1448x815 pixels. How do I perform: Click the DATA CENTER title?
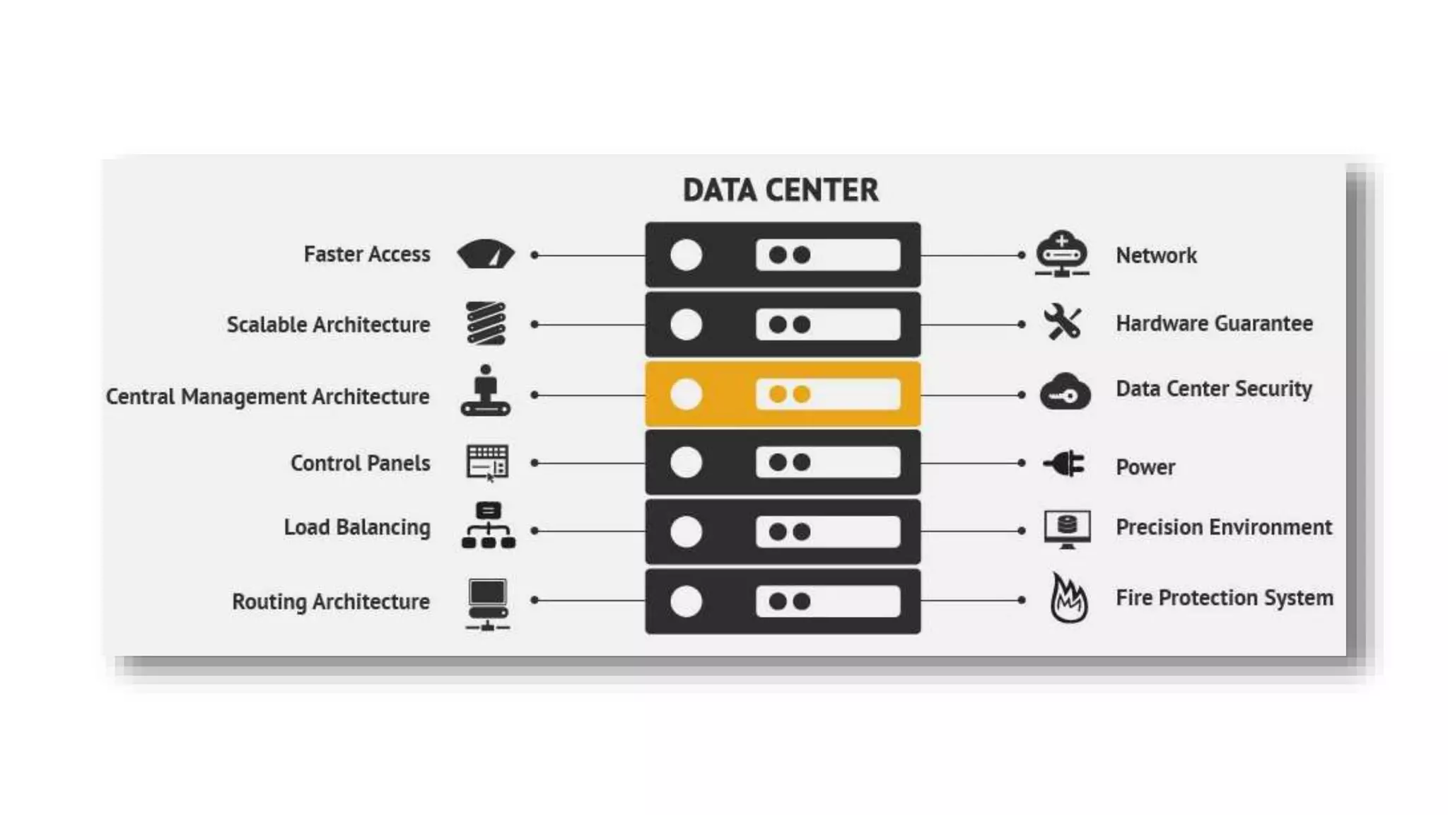tap(781, 190)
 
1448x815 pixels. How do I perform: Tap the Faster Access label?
tap(366, 254)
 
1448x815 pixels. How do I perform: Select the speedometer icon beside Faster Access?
tap(486, 254)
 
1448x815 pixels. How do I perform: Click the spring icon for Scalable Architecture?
tap(486, 323)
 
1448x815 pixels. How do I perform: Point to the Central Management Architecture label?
tap(267, 396)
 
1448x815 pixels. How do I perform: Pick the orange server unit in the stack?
tap(783, 394)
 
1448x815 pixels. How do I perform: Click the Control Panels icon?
tap(487, 463)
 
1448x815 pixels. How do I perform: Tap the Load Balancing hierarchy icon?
tap(488, 526)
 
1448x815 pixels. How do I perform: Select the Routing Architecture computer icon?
tap(487, 603)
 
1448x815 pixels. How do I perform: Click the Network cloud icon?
tap(1062, 253)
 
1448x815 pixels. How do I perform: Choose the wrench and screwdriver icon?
tap(1063, 322)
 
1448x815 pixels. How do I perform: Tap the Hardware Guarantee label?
tap(1214, 323)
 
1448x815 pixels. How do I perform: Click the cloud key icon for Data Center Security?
tap(1065, 392)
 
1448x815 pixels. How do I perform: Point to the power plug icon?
tap(1064, 464)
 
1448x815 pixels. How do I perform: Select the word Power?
tap(1145, 467)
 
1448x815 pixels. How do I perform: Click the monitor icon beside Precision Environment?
tap(1067, 528)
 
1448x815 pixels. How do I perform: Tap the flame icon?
tap(1068, 599)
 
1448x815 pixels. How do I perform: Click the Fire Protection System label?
tap(1225, 598)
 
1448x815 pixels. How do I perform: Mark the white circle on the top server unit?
tap(686, 255)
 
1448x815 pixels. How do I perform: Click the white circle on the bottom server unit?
tap(686, 601)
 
